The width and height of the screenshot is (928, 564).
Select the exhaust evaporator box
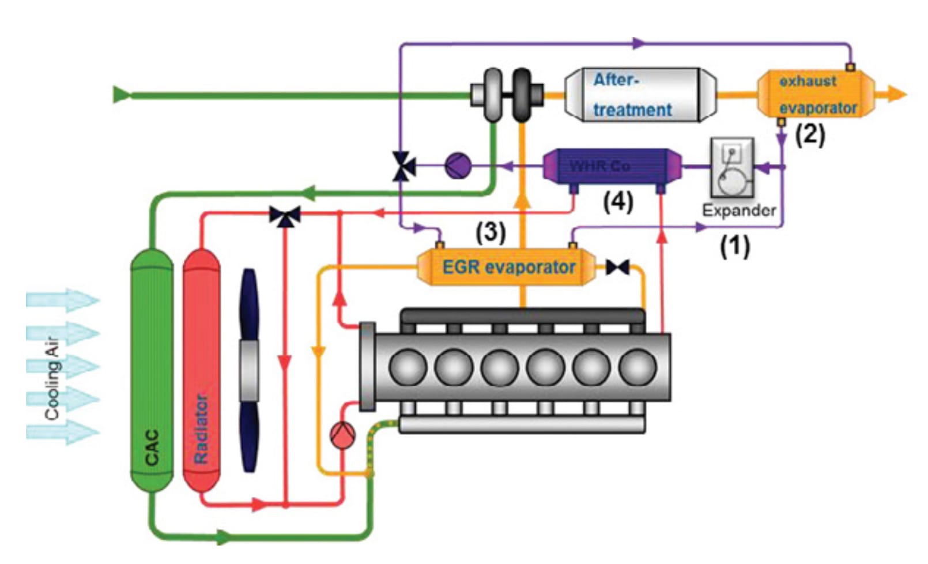click(x=816, y=95)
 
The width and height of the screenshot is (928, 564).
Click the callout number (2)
click(x=810, y=135)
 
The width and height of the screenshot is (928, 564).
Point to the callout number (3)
click(x=491, y=232)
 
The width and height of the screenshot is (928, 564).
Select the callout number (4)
click(x=618, y=202)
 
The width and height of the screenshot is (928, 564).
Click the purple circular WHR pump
click(x=458, y=166)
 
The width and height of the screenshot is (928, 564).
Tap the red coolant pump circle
click(x=342, y=435)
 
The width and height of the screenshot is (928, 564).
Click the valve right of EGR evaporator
click(x=617, y=267)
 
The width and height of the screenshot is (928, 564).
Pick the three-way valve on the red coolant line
click(x=285, y=216)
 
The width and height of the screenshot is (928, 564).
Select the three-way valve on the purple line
click(x=403, y=166)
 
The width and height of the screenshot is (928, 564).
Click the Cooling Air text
click(x=52, y=377)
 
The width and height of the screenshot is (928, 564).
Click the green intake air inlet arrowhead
click(x=120, y=94)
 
